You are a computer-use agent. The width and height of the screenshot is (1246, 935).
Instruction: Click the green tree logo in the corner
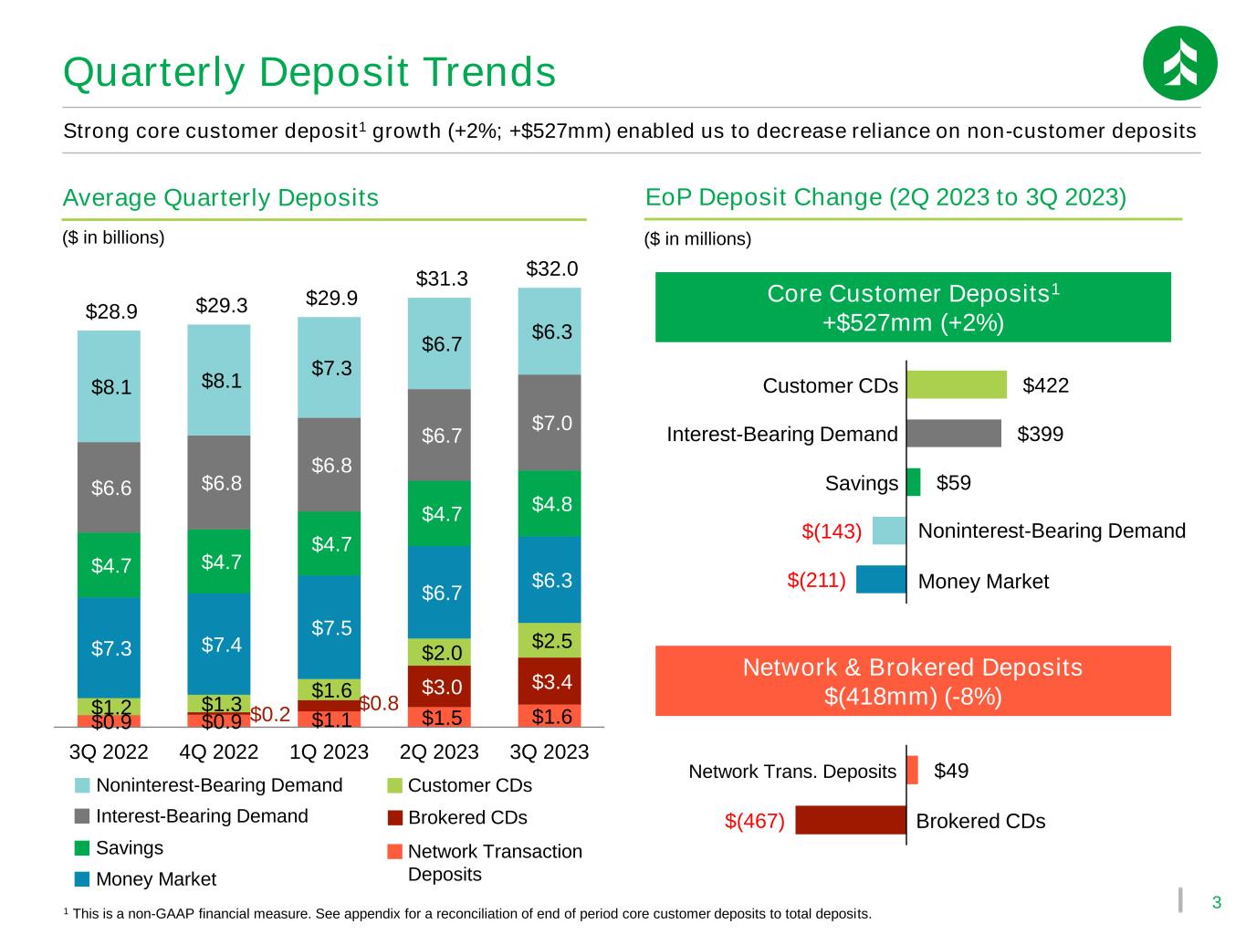point(1179,63)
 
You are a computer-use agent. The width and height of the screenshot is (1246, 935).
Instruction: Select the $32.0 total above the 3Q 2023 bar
point(551,268)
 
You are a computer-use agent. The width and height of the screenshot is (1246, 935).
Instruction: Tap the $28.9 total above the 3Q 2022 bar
point(111,311)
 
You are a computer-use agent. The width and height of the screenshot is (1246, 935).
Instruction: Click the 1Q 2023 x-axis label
point(329,751)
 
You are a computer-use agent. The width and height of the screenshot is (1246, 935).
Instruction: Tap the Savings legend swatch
point(82,847)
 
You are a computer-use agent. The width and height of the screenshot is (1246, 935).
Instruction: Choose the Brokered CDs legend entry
point(457,817)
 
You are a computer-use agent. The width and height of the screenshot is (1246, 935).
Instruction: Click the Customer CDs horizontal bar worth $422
point(957,385)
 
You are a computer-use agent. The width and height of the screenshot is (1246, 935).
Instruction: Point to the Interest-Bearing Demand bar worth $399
point(954,433)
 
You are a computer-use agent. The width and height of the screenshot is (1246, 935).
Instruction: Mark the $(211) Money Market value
point(816,580)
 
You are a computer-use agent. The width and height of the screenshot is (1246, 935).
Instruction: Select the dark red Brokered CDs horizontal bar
point(851,820)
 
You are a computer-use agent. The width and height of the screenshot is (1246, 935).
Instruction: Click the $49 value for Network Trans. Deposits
point(951,771)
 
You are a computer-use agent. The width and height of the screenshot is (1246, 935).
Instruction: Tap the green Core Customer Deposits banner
point(913,307)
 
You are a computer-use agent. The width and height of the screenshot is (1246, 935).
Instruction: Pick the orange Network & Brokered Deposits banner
point(913,680)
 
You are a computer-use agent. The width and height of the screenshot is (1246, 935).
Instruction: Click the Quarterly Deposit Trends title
point(309,72)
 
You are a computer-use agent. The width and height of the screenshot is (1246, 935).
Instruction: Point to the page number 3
point(1216,902)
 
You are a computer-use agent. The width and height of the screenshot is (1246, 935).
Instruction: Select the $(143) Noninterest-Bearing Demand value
point(832,531)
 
